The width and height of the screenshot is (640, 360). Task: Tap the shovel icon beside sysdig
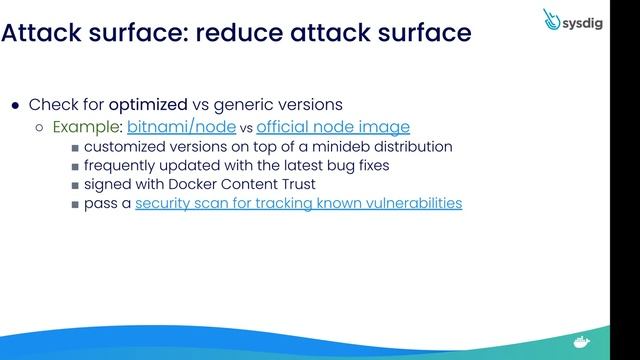[x=553, y=19]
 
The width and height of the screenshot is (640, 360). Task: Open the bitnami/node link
[x=181, y=127]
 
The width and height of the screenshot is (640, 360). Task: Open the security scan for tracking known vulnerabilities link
[x=298, y=203]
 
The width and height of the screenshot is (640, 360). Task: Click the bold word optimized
[x=148, y=104]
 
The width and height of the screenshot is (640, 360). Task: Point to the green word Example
[x=87, y=127]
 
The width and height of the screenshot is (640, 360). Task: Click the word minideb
[x=321, y=146]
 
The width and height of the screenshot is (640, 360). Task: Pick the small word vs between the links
[x=248, y=128]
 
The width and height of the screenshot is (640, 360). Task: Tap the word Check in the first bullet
[x=51, y=104]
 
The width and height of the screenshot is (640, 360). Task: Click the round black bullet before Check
[x=15, y=105]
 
